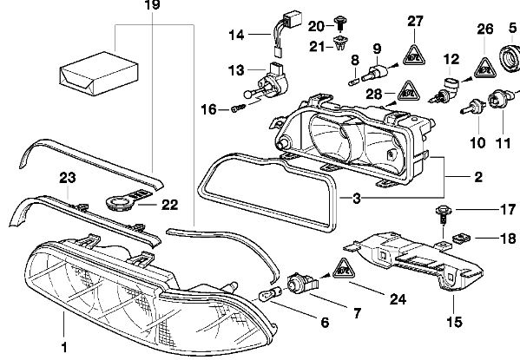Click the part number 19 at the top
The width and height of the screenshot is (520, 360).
153,4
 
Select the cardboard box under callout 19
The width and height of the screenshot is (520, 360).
99,74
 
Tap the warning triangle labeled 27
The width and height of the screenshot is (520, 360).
414,56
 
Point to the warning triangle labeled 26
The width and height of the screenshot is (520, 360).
484,69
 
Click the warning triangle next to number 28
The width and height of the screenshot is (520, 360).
409,91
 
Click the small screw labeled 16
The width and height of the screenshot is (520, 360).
239,108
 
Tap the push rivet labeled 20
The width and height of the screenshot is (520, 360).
340,23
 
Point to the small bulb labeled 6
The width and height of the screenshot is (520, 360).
270,294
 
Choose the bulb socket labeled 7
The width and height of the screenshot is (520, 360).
301,283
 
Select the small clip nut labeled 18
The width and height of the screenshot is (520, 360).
462,238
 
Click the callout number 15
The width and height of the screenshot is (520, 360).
454,322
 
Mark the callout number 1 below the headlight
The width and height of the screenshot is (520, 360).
64,347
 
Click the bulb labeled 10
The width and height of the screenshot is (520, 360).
473,107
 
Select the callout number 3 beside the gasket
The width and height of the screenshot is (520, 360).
357,199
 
